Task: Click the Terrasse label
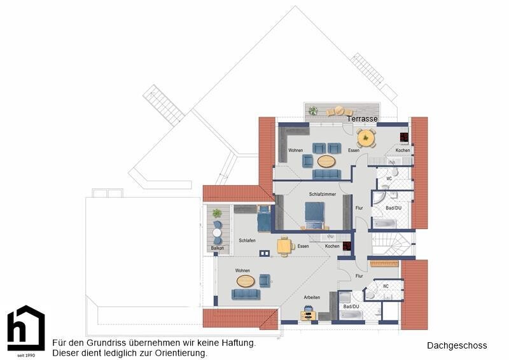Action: tap(362, 119)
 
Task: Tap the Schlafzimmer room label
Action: tap(323, 194)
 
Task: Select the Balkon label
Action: tap(217, 248)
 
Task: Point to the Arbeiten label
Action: tap(312, 297)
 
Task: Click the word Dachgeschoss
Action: tap(457, 346)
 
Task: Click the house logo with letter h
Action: tap(26, 328)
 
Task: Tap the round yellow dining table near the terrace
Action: tap(366, 138)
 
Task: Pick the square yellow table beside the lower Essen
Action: tap(284, 246)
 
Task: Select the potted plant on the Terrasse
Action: tap(313, 111)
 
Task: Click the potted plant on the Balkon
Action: tap(217, 213)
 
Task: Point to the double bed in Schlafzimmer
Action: tap(314, 216)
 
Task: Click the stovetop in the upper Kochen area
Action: tap(404, 137)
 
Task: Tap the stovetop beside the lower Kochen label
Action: tap(347, 246)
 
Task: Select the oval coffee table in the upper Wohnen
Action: tap(326, 162)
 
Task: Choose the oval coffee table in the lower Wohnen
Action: tap(246, 281)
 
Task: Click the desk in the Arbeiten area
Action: tap(308, 315)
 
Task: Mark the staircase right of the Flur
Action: tap(392, 244)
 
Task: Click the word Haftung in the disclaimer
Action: tap(239, 343)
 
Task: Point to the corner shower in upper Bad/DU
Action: tap(379, 198)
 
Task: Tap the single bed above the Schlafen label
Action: tap(264, 218)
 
